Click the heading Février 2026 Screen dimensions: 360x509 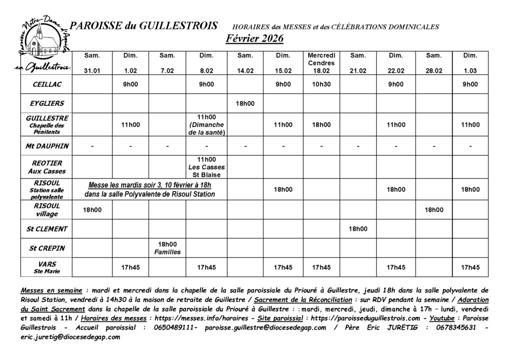254,38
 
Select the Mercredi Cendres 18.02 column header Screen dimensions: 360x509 322,63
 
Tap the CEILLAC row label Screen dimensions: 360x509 47,85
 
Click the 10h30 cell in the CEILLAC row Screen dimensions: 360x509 322,85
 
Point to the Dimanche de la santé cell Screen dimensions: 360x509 206,125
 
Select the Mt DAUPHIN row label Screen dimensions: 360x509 47,146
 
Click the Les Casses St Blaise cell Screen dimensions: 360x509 206,167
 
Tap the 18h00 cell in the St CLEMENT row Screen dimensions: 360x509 358,229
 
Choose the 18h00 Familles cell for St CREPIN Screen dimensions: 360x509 168,248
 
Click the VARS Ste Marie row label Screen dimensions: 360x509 47,268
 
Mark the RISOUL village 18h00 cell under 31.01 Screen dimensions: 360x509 92,210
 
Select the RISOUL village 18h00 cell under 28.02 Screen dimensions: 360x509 434,210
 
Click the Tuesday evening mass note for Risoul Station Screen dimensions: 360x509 150,189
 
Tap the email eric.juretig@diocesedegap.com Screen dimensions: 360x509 70,337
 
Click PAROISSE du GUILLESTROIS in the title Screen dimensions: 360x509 144,26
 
